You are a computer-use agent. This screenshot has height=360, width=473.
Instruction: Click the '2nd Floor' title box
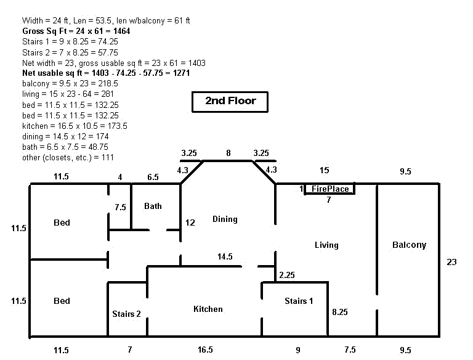pyautogui.click(x=230, y=101)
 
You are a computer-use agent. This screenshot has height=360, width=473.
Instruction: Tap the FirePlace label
pyautogui.click(x=330, y=189)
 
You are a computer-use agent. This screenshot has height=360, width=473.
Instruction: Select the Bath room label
pyautogui.click(x=153, y=206)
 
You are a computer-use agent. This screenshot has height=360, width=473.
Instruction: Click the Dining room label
pyautogui.click(x=225, y=219)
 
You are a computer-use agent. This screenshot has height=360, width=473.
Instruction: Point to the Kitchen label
pyautogui.click(x=208, y=309)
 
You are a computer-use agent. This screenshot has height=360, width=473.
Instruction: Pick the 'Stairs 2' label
pyautogui.click(x=126, y=314)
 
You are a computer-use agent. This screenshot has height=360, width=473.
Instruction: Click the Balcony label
pyautogui.click(x=409, y=245)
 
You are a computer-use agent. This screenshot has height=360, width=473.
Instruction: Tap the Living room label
pyautogui.click(x=326, y=245)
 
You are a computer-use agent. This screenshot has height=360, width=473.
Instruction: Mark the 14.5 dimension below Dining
pyautogui.click(x=225, y=257)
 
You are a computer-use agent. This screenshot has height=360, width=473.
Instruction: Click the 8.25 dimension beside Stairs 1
pyautogui.click(x=339, y=313)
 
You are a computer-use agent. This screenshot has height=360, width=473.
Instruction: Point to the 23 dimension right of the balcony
pyautogui.click(x=451, y=262)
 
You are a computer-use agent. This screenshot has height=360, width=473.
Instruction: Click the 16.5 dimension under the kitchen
pyautogui.click(x=205, y=350)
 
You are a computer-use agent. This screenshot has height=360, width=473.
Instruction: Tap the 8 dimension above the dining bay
pyautogui.click(x=228, y=152)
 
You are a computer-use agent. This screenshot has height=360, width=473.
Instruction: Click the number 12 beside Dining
pyautogui.click(x=190, y=223)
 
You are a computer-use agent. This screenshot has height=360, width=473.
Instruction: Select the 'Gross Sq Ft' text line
pyautogui.click(x=76, y=31)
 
